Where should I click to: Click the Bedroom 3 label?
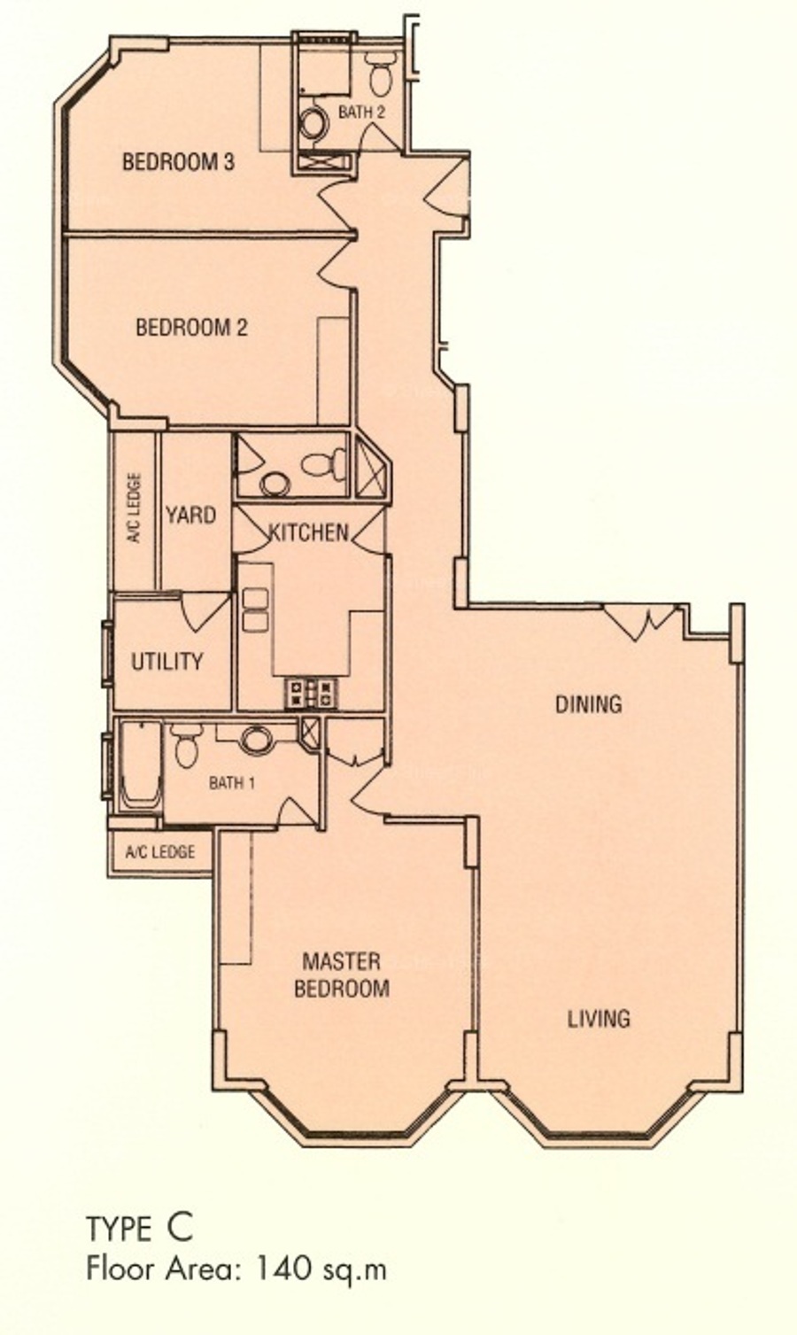[x=178, y=162]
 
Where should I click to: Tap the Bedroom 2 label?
[x=191, y=328]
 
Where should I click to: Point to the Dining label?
[x=589, y=704]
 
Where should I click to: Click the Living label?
[x=598, y=1019]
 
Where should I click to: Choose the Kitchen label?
[x=308, y=532]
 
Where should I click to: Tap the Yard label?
[x=190, y=515]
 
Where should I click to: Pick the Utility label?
[x=166, y=662]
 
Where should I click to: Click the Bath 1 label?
[x=232, y=782]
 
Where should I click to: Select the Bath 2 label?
[x=361, y=112]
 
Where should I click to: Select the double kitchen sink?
[x=256, y=609]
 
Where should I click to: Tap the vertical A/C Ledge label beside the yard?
[x=135, y=508]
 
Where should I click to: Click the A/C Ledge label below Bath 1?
[x=160, y=851]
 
